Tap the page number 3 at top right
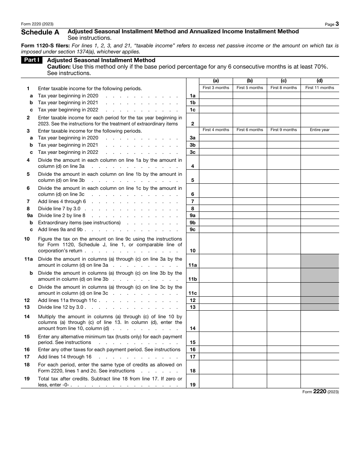coord(337,24)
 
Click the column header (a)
coord(216,81)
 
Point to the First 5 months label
coord(250,88)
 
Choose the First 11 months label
coord(319,88)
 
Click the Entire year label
coord(319,130)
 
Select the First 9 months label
coord(283,130)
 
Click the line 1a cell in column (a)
coord(216,96)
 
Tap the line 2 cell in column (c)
coord(283,120)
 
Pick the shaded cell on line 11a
coord(319,261)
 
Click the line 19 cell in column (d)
coord(319,381)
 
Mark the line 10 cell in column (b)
coord(250,243)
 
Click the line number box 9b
coord(193,223)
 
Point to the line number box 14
coord(193,328)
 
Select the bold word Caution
coord(59,67)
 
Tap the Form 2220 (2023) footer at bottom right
coord(320,392)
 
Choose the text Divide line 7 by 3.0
coord(59,209)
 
